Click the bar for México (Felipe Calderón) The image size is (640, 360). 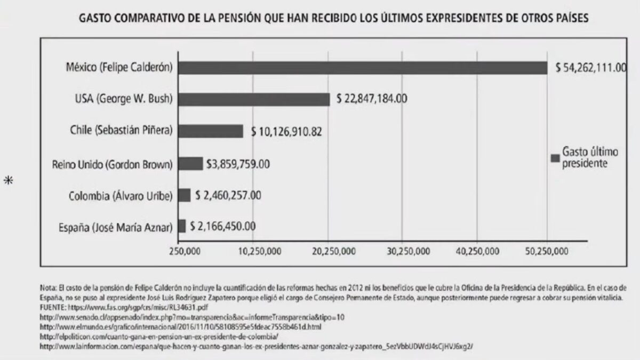363,68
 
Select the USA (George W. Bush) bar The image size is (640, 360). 254,99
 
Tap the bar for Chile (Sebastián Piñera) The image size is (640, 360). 210,131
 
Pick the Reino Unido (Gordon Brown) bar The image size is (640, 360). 190,163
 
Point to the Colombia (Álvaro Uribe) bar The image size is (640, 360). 184,195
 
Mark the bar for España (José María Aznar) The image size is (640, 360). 182,226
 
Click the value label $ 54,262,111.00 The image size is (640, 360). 590,68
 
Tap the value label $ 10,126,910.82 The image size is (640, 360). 286,131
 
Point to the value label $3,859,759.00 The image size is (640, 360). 237,164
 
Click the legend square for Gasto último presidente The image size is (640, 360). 555,158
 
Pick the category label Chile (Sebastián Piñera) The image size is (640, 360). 121,131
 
